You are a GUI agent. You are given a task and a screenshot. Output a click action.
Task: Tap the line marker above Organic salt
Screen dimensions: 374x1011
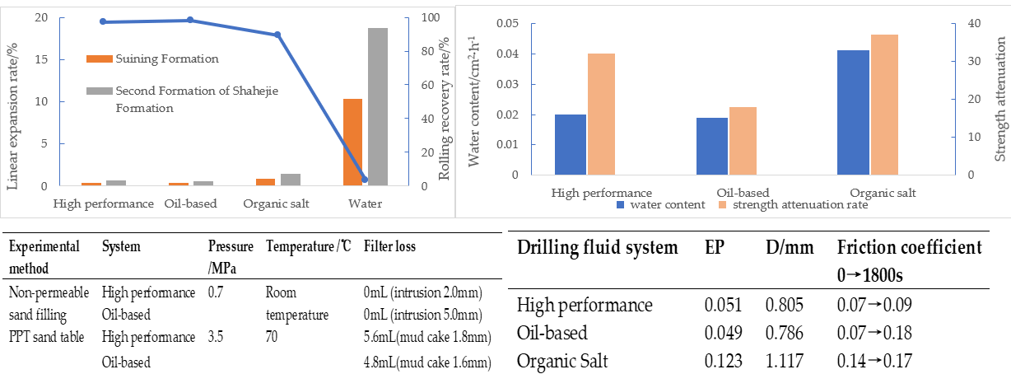click(277, 35)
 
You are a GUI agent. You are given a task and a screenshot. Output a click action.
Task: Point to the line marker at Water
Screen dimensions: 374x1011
click(366, 179)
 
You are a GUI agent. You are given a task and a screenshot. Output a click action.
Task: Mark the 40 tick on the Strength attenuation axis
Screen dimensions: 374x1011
click(953, 24)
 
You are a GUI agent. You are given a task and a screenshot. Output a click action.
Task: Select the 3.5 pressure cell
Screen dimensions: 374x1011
click(216, 337)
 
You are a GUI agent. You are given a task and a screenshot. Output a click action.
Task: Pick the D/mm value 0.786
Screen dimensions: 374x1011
click(783, 333)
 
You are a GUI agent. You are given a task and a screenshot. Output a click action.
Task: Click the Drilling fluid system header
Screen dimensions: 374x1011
click(598, 247)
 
